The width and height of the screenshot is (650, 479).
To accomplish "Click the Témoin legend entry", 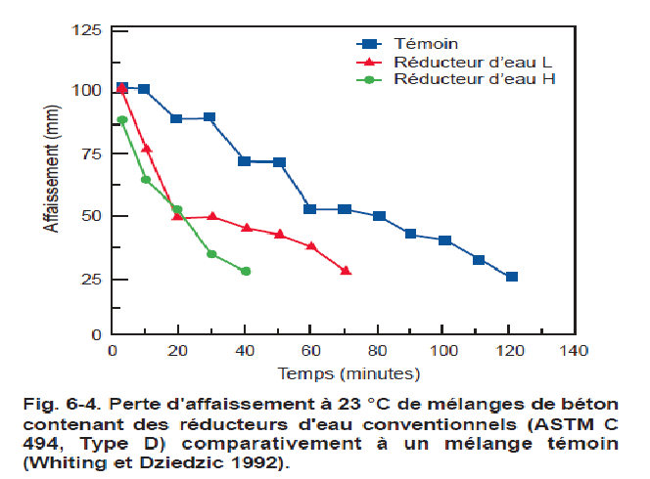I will pyautogui.click(x=426, y=43).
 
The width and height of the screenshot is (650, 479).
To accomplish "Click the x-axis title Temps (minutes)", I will pyautogui.click(x=348, y=372).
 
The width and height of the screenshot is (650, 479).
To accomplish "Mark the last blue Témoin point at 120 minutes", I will pyautogui.click(x=511, y=277).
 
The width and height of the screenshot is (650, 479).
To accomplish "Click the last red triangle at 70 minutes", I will pyautogui.click(x=346, y=270).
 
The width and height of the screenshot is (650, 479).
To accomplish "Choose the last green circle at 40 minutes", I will pyautogui.click(x=246, y=271).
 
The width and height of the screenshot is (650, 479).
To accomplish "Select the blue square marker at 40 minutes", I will pyautogui.click(x=245, y=161).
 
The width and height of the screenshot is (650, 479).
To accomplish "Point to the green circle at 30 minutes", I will pyautogui.click(x=211, y=254).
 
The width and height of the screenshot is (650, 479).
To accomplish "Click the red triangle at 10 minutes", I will pyautogui.click(x=147, y=149).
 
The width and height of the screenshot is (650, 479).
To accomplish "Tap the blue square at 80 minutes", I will pyautogui.click(x=379, y=216).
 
